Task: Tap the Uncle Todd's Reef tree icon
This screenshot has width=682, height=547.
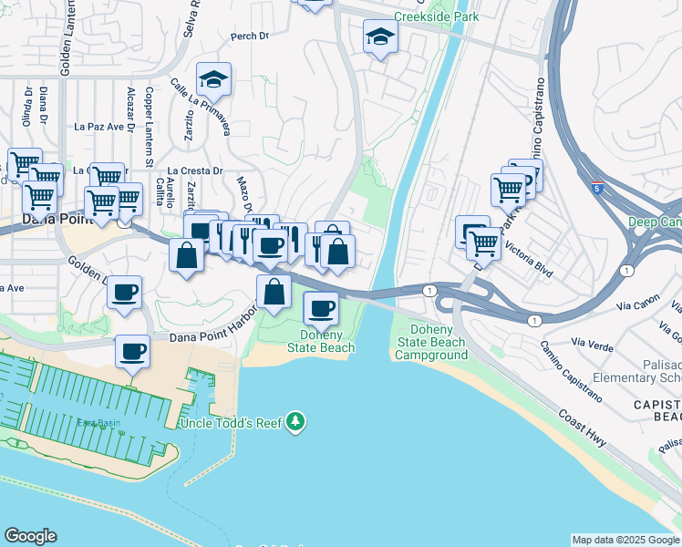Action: click(x=294, y=421)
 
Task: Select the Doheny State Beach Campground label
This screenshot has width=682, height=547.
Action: click(x=431, y=342)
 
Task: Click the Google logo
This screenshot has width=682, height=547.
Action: click(x=30, y=536)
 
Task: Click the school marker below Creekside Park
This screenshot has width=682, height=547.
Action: click(x=380, y=37)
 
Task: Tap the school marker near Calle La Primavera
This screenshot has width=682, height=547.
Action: click(x=212, y=79)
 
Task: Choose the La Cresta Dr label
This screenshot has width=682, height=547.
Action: click(x=195, y=170)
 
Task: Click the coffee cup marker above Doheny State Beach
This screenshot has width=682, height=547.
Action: click(x=320, y=309)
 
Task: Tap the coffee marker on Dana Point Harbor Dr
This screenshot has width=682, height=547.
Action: click(x=132, y=351)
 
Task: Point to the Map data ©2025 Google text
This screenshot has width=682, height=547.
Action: click(x=626, y=540)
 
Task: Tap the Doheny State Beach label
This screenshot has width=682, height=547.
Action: click(x=321, y=341)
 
